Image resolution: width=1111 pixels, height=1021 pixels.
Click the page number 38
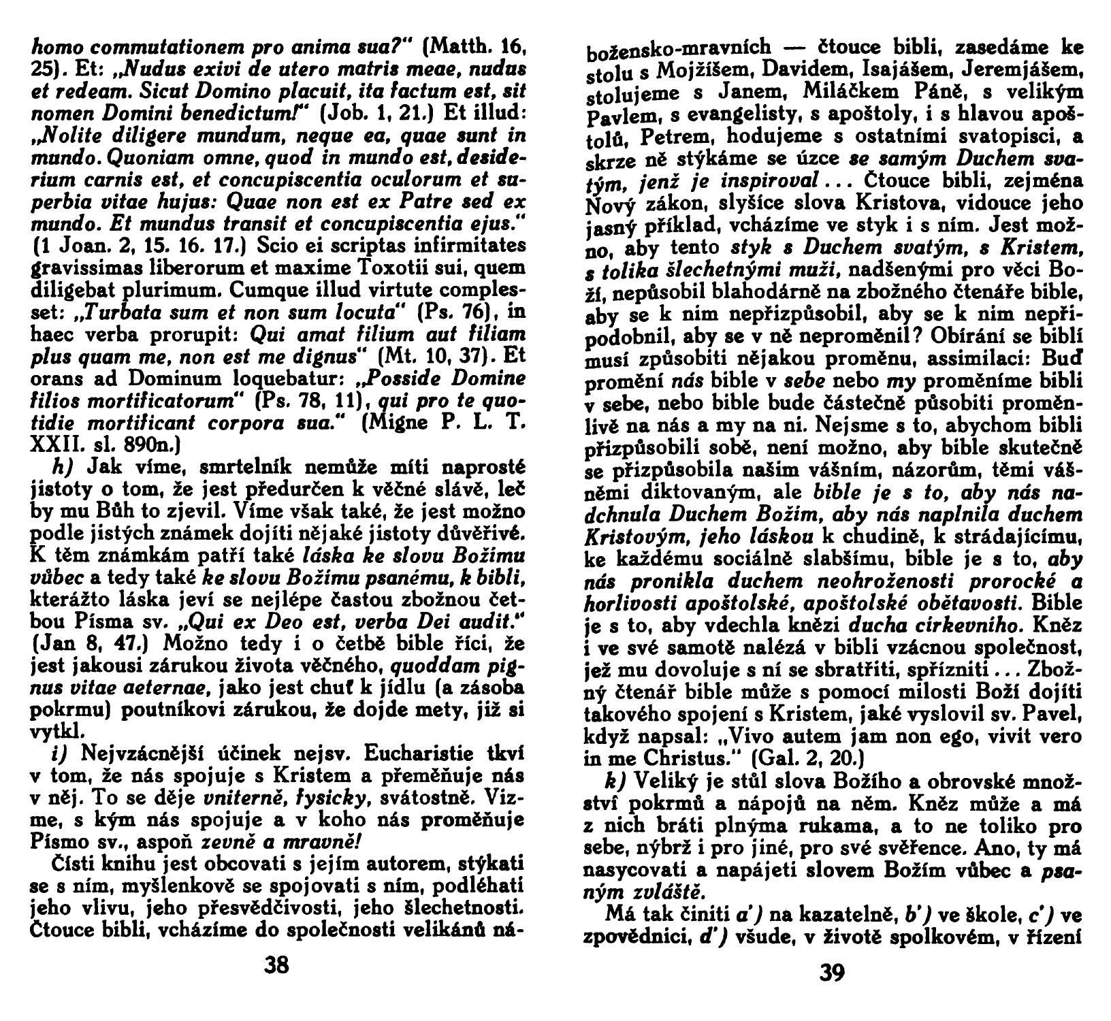278,965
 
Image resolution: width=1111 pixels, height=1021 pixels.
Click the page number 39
832,973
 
